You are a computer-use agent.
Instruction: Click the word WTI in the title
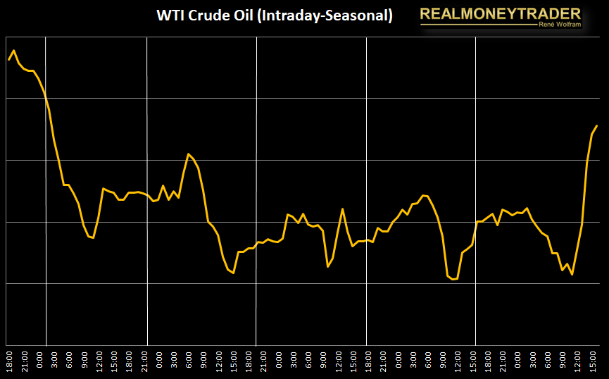tap(170, 15)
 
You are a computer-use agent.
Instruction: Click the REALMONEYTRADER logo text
tap(501, 13)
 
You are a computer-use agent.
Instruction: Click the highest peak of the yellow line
tap(14, 50)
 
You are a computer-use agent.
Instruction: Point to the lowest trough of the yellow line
tap(453, 280)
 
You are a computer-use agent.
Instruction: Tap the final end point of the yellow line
tap(597, 126)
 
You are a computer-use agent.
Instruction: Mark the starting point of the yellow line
tap(8, 60)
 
